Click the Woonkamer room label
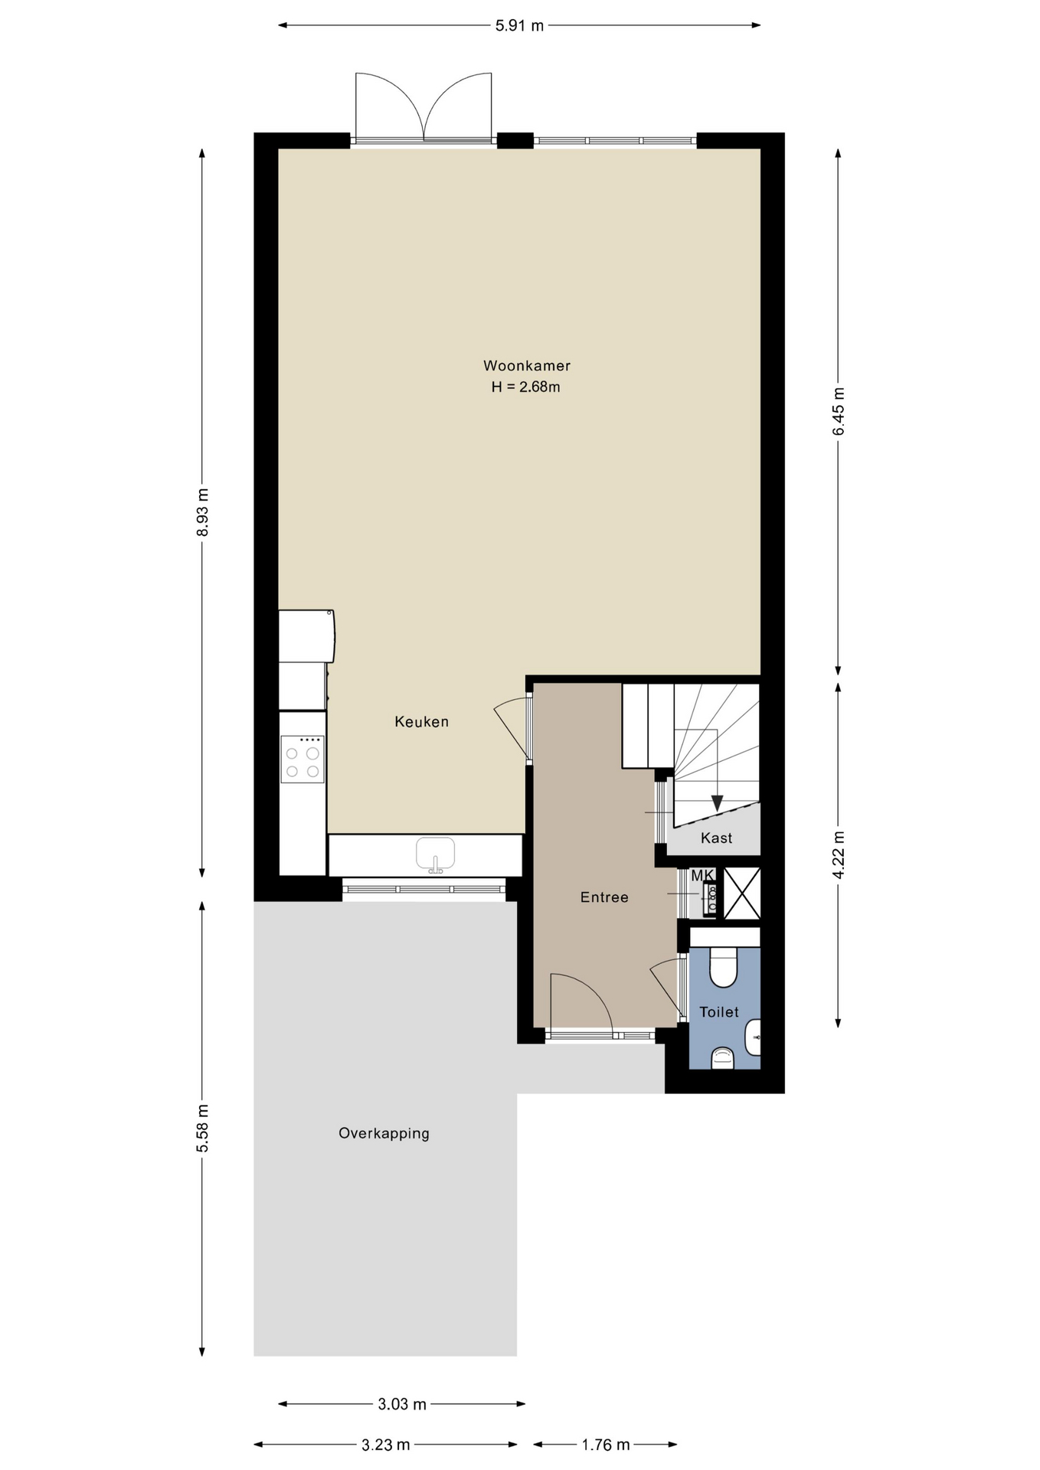[526, 366]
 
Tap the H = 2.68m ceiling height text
[525, 387]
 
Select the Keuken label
[421, 721]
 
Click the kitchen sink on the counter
[436, 854]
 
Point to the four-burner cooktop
[303, 759]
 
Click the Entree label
[604, 897]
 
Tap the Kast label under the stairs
[717, 838]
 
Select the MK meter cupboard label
[702, 875]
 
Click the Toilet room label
[719, 1012]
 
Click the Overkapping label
[384, 1133]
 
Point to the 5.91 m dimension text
[519, 25]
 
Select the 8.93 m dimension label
[202, 512]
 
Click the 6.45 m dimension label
[839, 411]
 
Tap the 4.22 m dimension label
[839, 854]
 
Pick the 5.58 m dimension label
[202, 1128]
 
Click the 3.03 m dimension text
[402, 1404]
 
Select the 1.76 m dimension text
[606, 1445]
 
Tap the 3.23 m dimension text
[386, 1445]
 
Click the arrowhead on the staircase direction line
[717, 803]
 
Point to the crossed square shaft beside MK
[742, 893]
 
